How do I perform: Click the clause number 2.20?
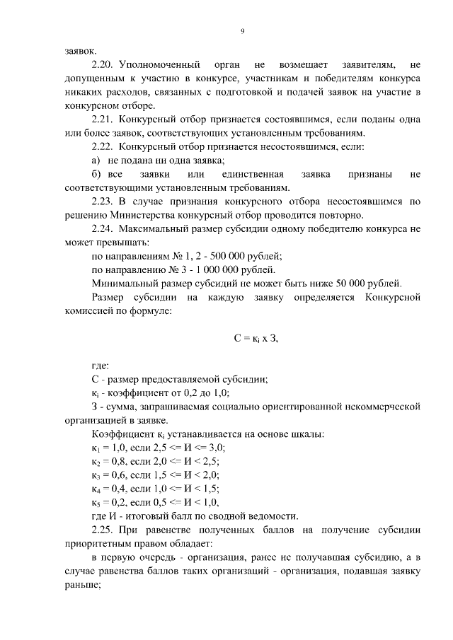tap(105, 65)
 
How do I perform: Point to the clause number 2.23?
tap(105, 202)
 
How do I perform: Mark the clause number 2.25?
tap(105, 529)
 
